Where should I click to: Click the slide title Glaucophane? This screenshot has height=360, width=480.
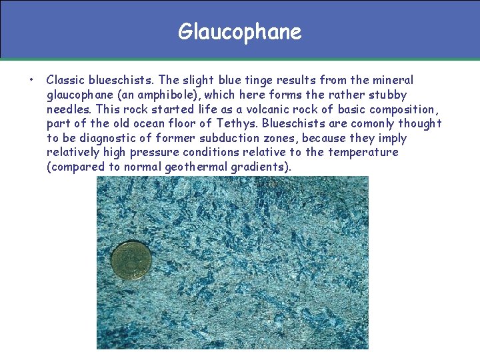pyautogui.click(x=239, y=31)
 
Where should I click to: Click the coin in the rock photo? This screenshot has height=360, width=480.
pyautogui.click(x=131, y=260)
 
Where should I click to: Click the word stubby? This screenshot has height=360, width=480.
pyautogui.click(x=387, y=95)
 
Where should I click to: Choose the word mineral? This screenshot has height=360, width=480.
pyautogui.click(x=392, y=80)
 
